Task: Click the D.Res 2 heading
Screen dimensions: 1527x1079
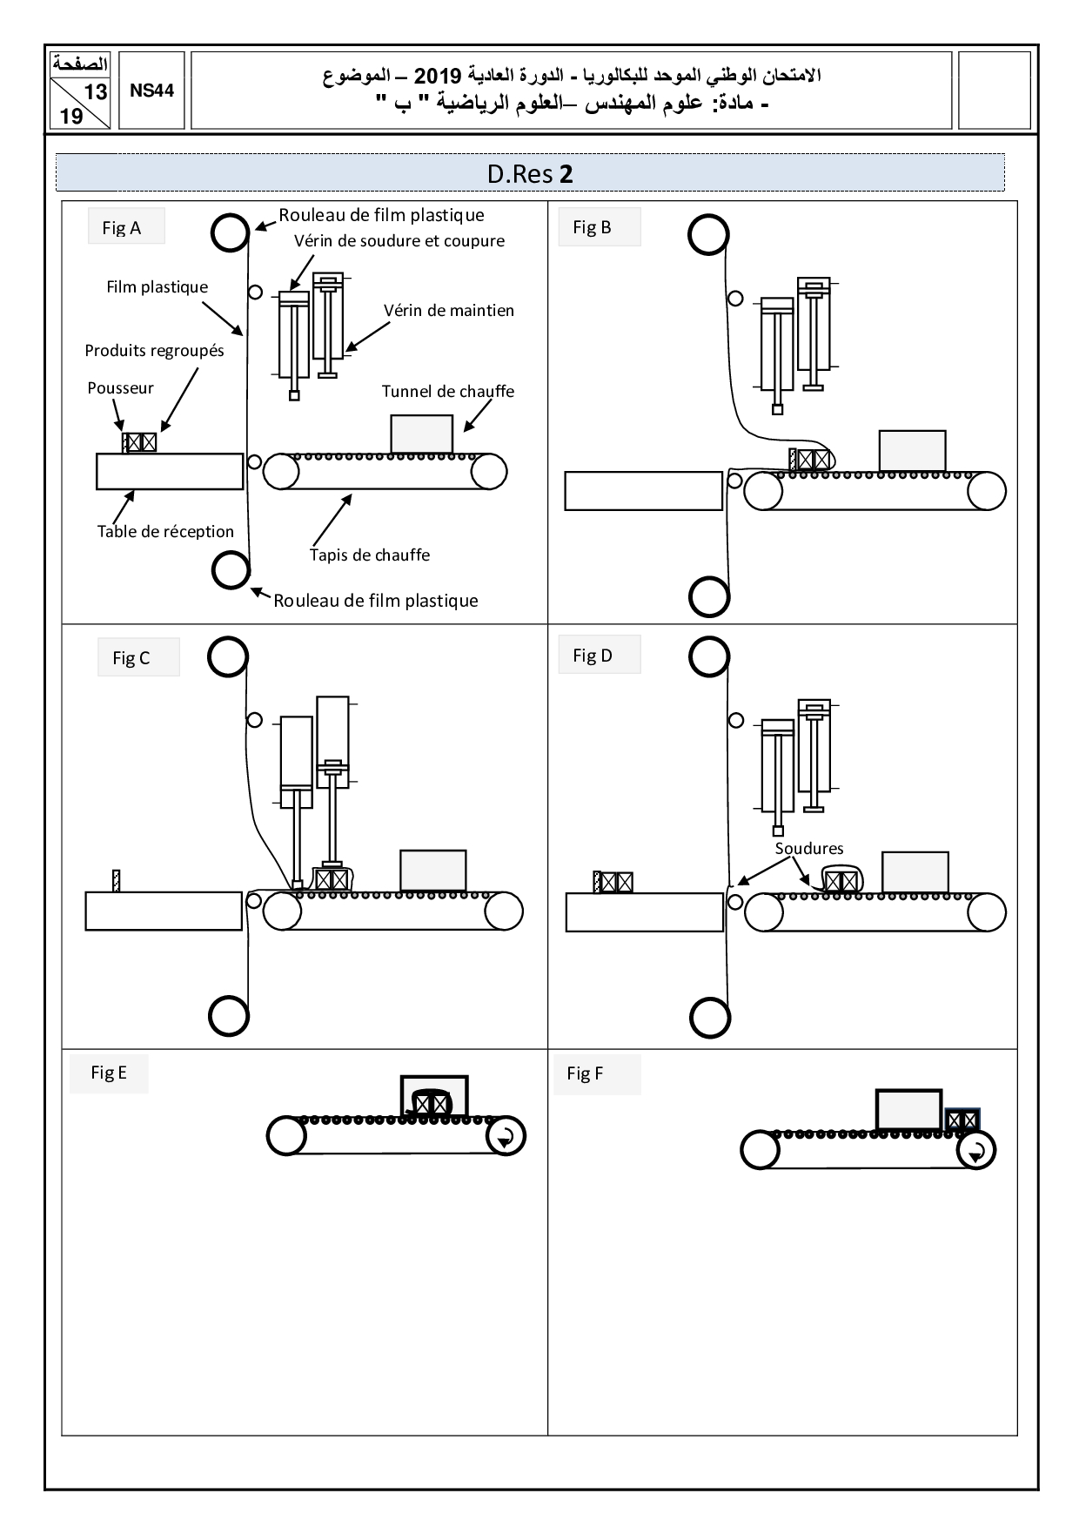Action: pyautogui.click(x=530, y=174)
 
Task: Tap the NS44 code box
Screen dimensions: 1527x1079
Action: pyautogui.click(x=152, y=91)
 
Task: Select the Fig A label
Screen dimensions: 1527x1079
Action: pyautogui.click(x=122, y=228)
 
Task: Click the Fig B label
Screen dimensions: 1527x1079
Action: pyautogui.click(x=593, y=227)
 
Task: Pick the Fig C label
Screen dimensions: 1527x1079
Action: pyautogui.click(x=131, y=658)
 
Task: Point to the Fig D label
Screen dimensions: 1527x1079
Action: pyautogui.click(x=593, y=656)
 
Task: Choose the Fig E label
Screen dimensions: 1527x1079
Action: pyautogui.click(x=109, y=1073)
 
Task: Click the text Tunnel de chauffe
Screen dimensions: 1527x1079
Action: pyautogui.click(x=447, y=392)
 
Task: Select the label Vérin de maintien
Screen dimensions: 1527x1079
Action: pyautogui.click(x=448, y=311)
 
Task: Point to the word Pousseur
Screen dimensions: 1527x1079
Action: pyautogui.click(x=120, y=388)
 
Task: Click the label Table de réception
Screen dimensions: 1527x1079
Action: pyautogui.click(x=165, y=531)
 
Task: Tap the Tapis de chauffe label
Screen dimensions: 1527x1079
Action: pyautogui.click(x=370, y=555)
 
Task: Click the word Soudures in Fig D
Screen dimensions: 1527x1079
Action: pyautogui.click(x=809, y=849)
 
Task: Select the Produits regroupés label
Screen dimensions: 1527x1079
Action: pyautogui.click(x=154, y=351)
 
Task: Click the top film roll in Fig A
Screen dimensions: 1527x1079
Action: pyautogui.click(x=230, y=232)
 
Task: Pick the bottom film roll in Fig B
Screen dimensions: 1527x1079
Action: pyautogui.click(x=708, y=597)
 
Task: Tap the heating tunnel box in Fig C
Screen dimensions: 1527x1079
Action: pyautogui.click(x=432, y=870)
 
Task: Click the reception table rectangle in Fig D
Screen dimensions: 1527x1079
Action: pyautogui.click(x=644, y=912)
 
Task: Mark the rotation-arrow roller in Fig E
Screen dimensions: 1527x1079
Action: pyautogui.click(x=505, y=1136)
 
